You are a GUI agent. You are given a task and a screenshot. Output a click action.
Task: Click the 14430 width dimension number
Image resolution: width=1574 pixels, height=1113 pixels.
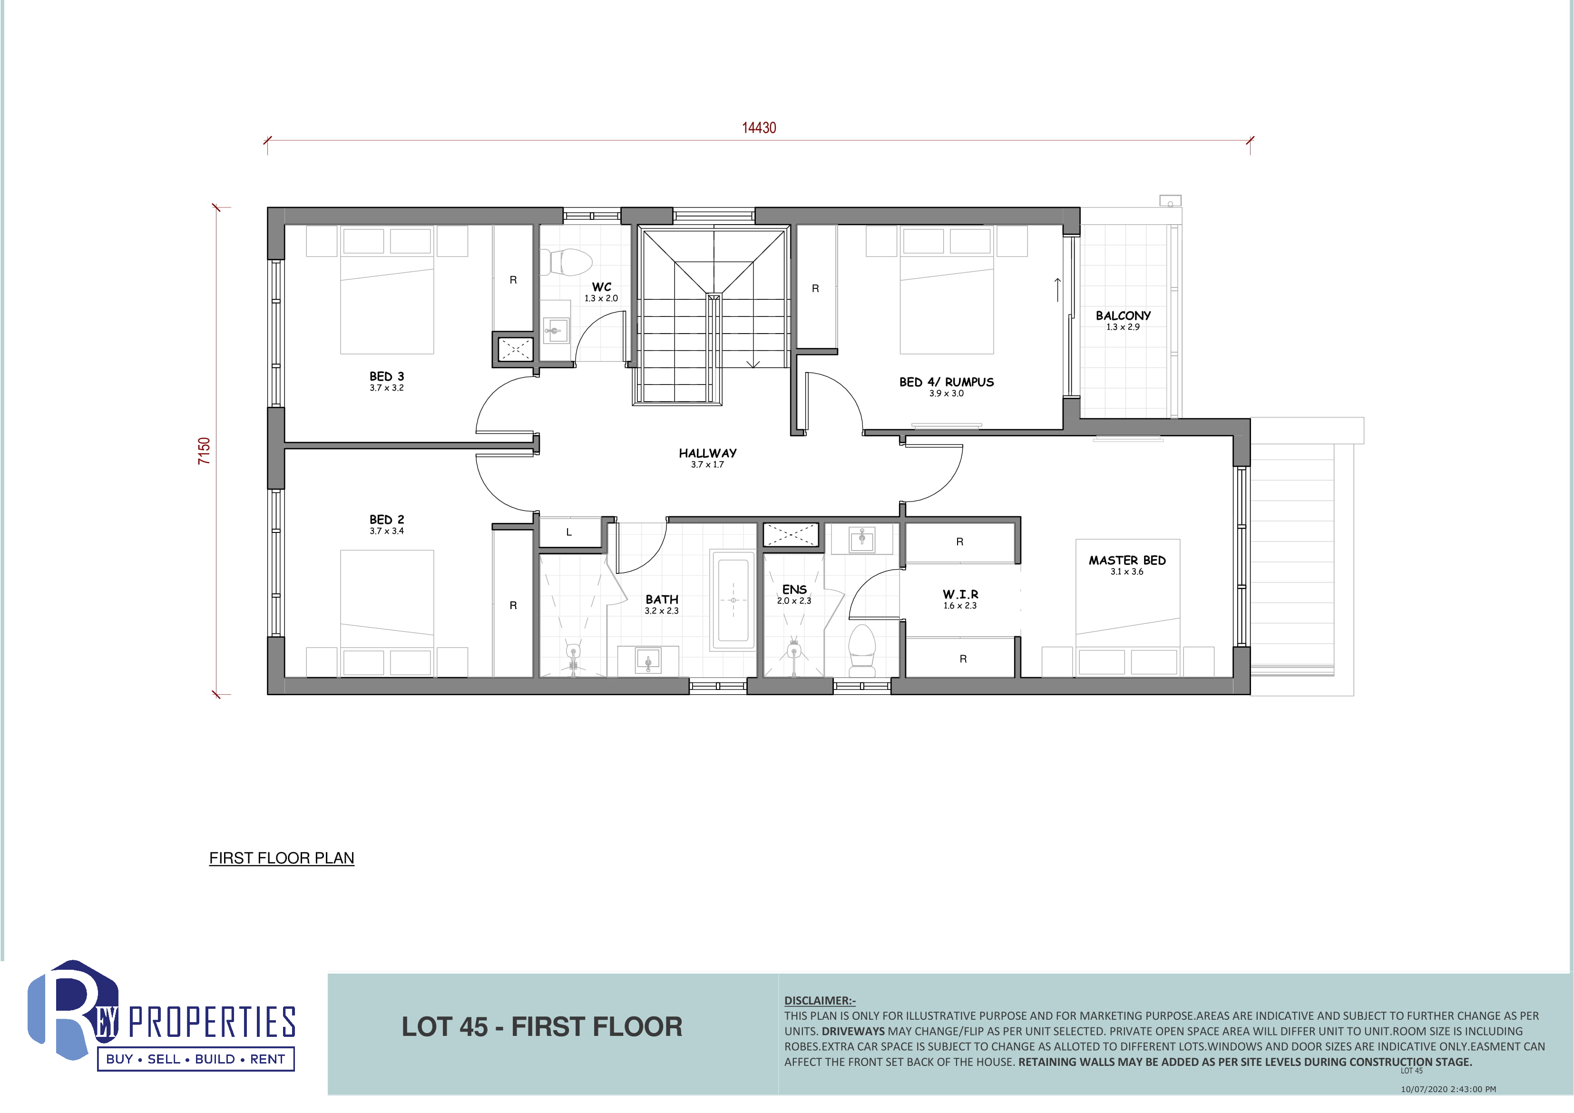[x=759, y=128]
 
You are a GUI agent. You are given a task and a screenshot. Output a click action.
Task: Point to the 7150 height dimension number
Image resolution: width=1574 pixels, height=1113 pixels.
[x=204, y=451]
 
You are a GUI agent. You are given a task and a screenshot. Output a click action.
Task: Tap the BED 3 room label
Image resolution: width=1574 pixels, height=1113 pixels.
[x=387, y=376]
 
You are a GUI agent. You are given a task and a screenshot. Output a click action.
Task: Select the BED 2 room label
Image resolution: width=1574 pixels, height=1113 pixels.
[x=387, y=520]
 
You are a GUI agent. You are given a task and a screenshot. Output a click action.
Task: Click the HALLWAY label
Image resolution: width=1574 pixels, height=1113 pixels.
[x=707, y=453]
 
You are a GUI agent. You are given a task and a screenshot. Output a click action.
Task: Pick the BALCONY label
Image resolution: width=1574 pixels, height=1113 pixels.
[x=1123, y=315]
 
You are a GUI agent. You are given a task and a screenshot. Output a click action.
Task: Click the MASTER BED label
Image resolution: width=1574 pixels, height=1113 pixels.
[x=1127, y=560]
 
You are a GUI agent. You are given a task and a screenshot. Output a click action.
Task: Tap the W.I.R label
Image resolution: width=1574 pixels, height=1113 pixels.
[x=960, y=594]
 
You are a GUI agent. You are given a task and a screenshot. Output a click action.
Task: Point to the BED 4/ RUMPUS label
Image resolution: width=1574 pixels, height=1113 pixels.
[x=946, y=382]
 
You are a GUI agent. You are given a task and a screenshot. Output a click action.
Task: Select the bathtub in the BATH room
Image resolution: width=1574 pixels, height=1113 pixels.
[x=733, y=600]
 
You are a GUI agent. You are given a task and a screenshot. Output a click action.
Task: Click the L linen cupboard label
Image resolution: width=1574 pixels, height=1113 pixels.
[x=568, y=532]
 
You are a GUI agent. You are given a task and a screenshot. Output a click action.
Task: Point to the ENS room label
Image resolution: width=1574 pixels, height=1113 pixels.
[x=794, y=590]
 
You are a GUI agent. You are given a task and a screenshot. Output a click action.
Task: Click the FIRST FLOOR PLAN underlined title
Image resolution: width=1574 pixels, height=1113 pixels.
[x=282, y=858]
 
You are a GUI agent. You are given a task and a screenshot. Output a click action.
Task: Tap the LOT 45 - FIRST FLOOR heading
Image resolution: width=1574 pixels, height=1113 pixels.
[x=542, y=1026]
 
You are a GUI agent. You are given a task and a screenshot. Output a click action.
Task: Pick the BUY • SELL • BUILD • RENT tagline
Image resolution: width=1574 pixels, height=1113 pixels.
[x=196, y=1059]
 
